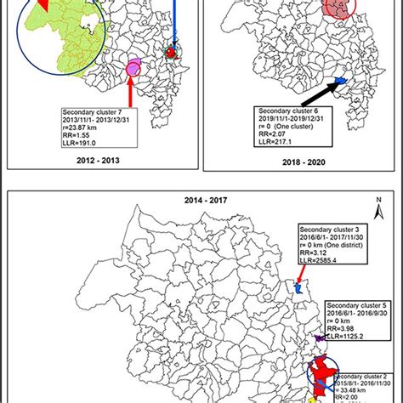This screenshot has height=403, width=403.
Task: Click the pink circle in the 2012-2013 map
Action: [x=133, y=66]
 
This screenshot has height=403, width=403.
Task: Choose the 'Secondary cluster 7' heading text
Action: [x=96, y=111]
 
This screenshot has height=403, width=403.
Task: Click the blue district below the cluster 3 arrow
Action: [x=299, y=288]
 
